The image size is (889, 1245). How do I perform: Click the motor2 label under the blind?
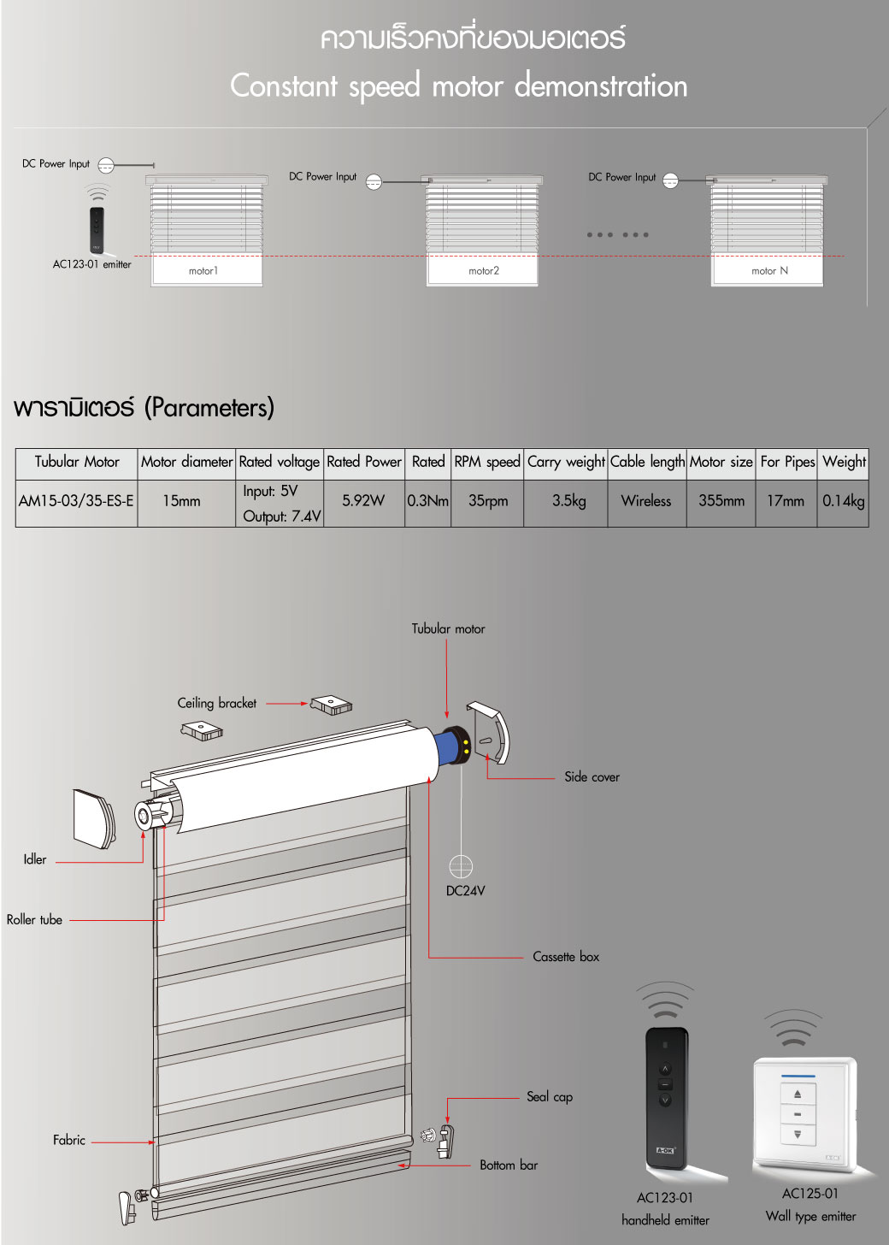point(484,271)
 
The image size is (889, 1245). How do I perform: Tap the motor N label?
point(769,271)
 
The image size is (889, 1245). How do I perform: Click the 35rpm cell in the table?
point(488,501)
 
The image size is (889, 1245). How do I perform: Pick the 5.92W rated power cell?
point(363,501)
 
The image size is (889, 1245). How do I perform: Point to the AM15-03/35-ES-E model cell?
point(76,501)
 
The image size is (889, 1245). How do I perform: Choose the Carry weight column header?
point(566,462)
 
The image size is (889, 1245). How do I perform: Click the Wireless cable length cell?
point(646,501)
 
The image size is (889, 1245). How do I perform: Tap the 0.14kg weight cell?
point(843,501)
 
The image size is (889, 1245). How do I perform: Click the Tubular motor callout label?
point(448,628)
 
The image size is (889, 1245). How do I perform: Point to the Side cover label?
point(592,777)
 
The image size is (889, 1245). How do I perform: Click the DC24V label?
point(465,891)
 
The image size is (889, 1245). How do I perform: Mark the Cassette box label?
point(566,957)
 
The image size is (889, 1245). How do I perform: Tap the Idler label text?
point(35,859)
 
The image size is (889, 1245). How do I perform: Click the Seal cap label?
point(550,1097)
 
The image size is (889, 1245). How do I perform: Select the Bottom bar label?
point(509,1165)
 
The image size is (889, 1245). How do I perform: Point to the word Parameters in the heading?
point(209,408)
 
